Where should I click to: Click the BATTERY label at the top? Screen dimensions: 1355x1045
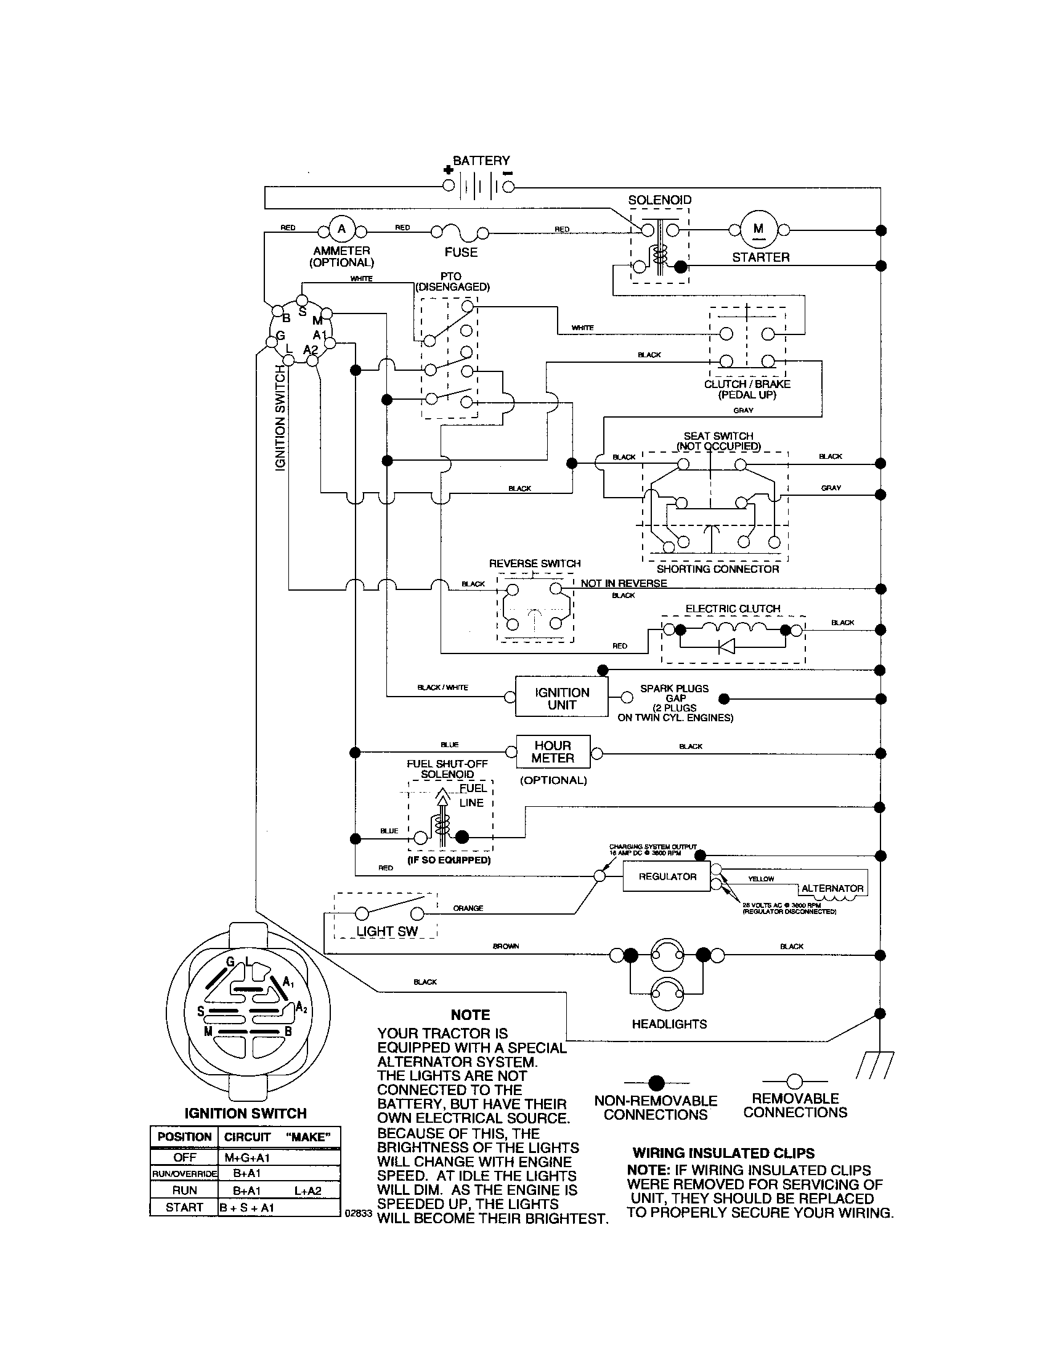coord(481,161)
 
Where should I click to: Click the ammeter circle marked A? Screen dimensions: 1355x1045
coord(341,230)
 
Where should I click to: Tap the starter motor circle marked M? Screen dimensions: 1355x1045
coord(758,229)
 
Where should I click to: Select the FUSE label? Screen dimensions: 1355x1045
coord(460,252)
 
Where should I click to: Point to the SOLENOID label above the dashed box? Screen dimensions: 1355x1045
coord(659,200)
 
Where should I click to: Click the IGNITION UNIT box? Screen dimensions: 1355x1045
coord(561,698)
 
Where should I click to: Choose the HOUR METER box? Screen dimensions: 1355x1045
coord(553,752)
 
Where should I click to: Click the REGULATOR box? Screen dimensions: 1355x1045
coord(667,876)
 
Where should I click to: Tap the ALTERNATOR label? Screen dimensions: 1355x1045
coord(832,888)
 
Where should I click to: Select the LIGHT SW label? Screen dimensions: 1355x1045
coord(386,931)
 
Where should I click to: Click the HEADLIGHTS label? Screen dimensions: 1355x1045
coord(669,1024)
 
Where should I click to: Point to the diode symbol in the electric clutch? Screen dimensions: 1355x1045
coord(726,647)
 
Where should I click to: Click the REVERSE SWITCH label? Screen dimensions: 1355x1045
coord(534,564)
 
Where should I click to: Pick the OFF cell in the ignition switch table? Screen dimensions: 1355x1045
coord(184,1158)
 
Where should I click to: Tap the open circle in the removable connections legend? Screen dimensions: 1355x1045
coord(794,1082)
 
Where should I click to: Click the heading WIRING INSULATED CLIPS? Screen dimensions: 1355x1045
coord(723,1154)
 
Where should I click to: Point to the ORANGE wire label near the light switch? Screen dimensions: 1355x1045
coord(468,908)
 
